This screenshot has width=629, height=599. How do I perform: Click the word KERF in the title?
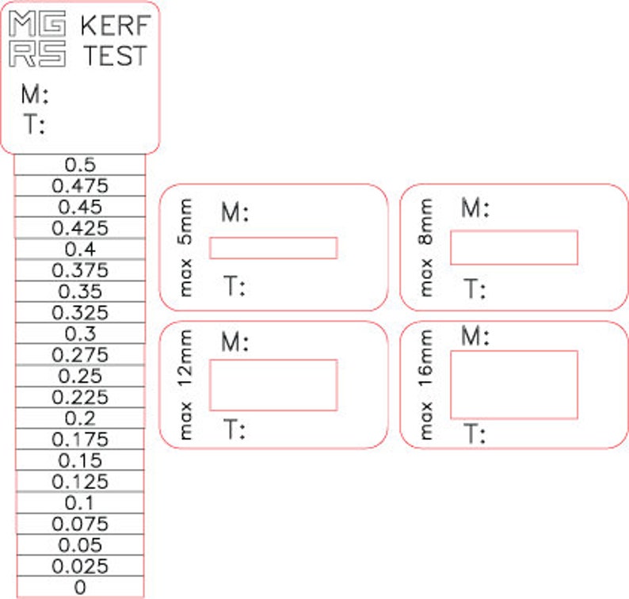pyautogui.click(x=116, y=26)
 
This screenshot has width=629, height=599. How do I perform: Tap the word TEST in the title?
pyautogui.click(x=116, y=56)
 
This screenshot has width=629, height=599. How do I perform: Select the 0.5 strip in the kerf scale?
pyautogui.click(x=80, y=165)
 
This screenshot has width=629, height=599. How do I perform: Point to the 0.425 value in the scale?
pyautogui.click(x=80, y=228)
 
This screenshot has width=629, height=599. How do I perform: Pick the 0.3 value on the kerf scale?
pyautogui.click(x=80, y=334)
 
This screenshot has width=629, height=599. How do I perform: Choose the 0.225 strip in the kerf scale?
pyautogui.click(x=80, y=397)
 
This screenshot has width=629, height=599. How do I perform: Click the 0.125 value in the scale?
pyautogui.click(x=80, y=482)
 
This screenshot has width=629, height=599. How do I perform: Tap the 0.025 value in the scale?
pyautogui.click(x=80, y=567)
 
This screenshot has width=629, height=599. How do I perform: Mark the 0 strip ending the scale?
pyautogui.click(x=80, y=588)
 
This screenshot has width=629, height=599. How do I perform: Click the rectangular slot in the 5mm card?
pyautogui.click(x=273, y=248)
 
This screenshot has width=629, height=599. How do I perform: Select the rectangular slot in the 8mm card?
pyautogui.click(x=514, y=247)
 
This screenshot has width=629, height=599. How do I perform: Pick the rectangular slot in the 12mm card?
pyautogui.click(x=273, y=385)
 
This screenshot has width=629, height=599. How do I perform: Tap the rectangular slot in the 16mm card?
pyautogui.click(x=514, y=385)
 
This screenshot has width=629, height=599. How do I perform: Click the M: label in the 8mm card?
pyautogui.click(x=475, y=209)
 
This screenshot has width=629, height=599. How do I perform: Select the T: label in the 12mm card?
pyautogui.click(x=233, y=430)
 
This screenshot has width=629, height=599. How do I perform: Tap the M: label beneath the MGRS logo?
pyautogui.click(x=35, y=96)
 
